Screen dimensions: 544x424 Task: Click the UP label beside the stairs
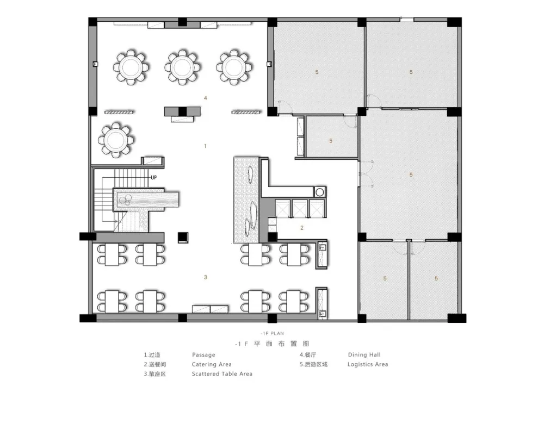[154, 178]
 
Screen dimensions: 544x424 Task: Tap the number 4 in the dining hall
[206, 98]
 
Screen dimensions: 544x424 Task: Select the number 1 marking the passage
[205, 146]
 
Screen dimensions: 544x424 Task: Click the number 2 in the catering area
[302, 228]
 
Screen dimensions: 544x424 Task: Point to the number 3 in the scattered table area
[206, 277]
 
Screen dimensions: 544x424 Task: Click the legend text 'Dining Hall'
[364, 354]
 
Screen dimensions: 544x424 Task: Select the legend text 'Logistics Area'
[368, 364]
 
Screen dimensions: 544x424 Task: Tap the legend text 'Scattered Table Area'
[222, 374]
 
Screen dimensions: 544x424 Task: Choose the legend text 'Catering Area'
[212, 364]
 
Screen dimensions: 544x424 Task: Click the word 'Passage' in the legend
[203, 355]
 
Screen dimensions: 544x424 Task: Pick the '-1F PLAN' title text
[273, 334]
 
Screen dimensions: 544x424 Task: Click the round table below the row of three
[116, 140]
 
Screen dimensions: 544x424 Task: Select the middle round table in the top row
[182, 67]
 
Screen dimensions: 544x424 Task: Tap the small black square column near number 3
[183, 238]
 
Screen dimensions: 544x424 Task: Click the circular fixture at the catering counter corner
[319, 192]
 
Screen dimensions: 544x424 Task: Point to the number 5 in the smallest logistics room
[331, 141]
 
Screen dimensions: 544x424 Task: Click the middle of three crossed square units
[300, 209]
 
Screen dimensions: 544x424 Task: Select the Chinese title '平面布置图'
[281, 344]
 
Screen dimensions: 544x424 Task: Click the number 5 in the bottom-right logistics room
[436, 278]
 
